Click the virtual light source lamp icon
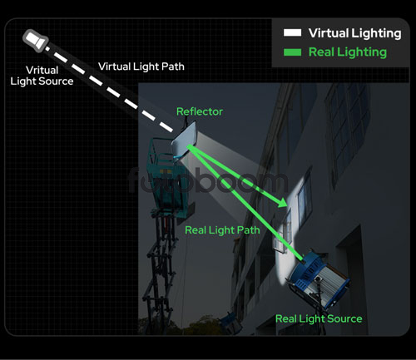(x=36, y=41)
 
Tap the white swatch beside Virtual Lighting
(x=292, y=32)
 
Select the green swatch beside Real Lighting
(x=292, y=52)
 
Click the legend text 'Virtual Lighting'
(x=354, y=33)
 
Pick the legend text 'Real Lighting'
(x=348, y=52)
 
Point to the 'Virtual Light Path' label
(x=141, y=67)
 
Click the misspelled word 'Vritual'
(x=42, y=70)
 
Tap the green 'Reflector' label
(x=200, y=111)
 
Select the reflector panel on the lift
(x=184, y=139)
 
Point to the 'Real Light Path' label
(x=222, y=230)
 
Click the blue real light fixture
(x=318, y=277)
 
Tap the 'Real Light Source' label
(x=319, y=318)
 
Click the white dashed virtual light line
(x=109, y=89)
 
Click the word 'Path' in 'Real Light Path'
(x=249, y=230)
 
